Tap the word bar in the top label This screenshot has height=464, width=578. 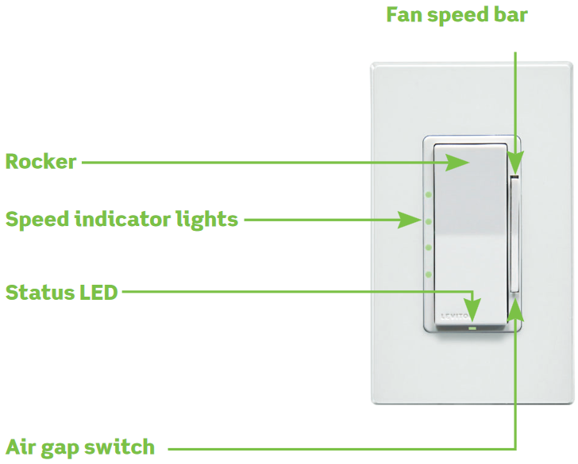pyautogui.click(x=510, y=15)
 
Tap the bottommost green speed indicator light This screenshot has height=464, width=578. pyautogui.click(x=428, y=274)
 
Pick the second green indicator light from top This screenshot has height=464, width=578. pyautogui.click(x=428, y=221)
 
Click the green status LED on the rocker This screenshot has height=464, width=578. pyautogui.click(x=472, y=324)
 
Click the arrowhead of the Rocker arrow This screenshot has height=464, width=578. pyautogui.click(x=460, y=163)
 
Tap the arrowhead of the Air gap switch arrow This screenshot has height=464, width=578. pyautogui.click(x=517, y=305)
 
